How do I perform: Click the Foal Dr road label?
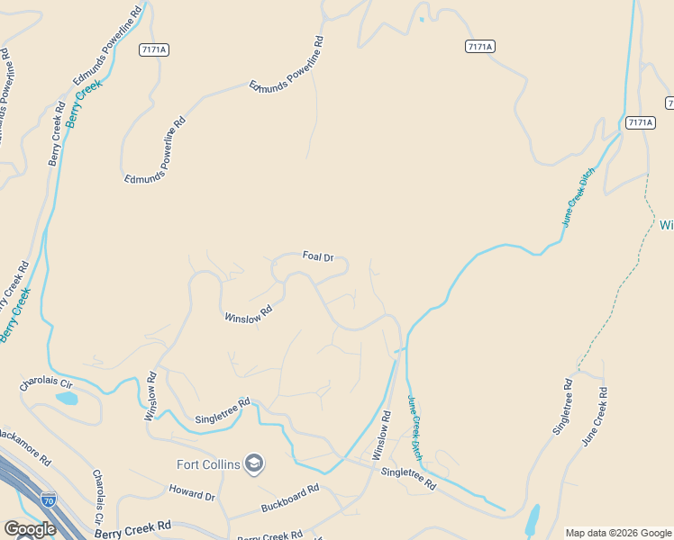[318, 256]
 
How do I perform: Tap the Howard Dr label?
[193, 493]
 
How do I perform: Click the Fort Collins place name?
[208, 464]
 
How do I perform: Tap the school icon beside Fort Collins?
[254, 463]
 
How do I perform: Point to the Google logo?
[30, 529]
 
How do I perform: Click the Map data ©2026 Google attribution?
[618, 533]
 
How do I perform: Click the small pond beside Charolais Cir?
[66, 398]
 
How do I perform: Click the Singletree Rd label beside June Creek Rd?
[563, 408]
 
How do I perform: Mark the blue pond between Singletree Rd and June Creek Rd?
[533, 519]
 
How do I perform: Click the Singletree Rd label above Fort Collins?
[222, 411]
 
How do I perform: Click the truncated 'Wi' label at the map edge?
[667, 224]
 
